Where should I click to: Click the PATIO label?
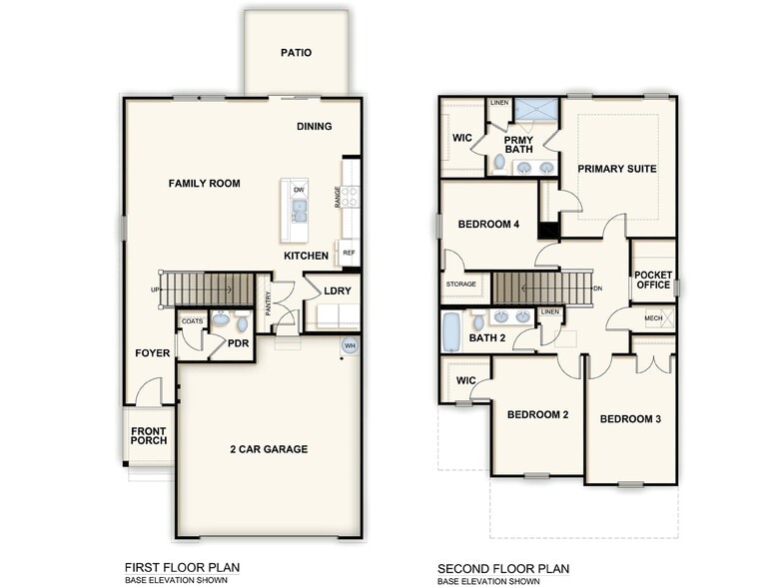pos(297,53)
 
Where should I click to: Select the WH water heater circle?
pos(350,345)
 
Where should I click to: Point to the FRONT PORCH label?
pos(148,435)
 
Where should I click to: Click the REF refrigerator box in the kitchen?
pos(349,254)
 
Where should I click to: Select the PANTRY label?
pos(268,303)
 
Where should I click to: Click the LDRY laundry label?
pos(336,292)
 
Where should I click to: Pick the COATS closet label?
pos(192,321)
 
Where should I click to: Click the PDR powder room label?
pos(238,343)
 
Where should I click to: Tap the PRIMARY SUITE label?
pos(616,169)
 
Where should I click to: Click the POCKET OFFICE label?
pos(653,280)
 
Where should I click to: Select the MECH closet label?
pos(653,318)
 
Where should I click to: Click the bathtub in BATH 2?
pos(452,331)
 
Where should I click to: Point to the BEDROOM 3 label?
pos(630,419)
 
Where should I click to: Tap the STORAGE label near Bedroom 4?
pos(461,285)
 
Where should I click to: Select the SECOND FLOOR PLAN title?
pos(502,569)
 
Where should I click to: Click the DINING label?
pos(314,127)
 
